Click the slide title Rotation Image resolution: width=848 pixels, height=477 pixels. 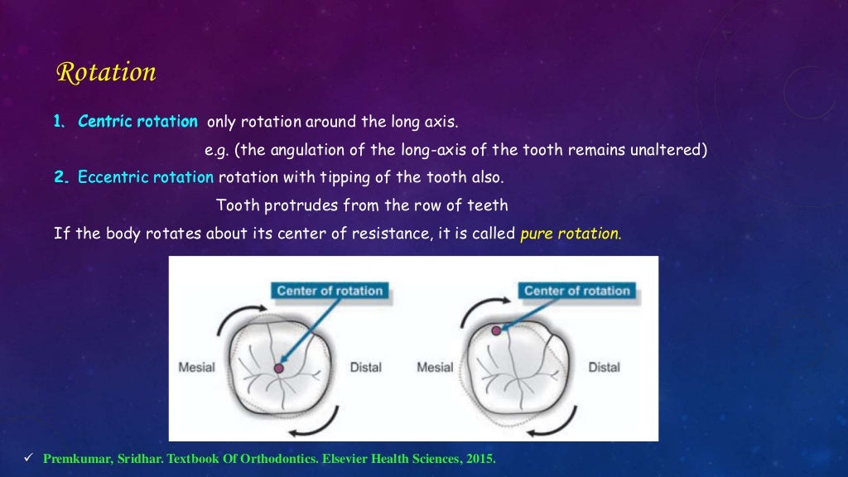pos(105,73)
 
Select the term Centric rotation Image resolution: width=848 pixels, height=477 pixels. pos(137,122)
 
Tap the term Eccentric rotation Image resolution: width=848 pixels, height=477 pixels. pos(146,177)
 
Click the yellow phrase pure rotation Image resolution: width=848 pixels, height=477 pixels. pos(570,233)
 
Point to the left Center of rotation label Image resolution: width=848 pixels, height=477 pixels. pos(330,291)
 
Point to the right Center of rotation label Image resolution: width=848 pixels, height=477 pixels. pos(577,291)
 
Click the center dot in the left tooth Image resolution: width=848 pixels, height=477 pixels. pos(279,368)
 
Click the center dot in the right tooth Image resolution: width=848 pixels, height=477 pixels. pos(496,330)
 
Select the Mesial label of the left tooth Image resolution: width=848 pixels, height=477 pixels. pos(197,367)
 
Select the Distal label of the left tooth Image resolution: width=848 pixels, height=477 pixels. pos(365,367)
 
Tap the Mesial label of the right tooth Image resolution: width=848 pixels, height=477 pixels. pos(435,367)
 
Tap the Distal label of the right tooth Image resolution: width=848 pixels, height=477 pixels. pos(604,367)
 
